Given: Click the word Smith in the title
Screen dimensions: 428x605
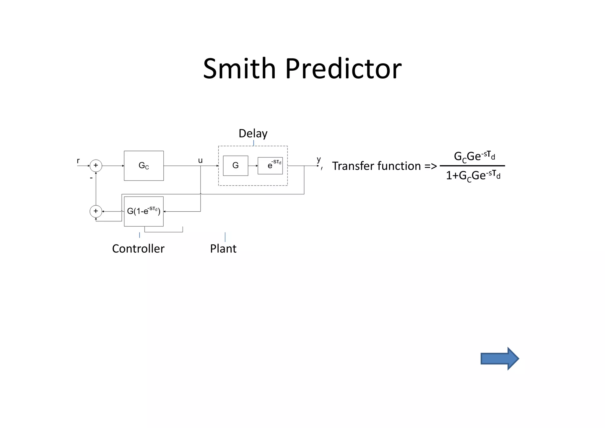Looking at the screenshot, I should (239, 69).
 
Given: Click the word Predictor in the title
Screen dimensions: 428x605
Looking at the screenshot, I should (343, 69).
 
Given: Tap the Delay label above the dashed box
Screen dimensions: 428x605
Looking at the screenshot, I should (253, 134).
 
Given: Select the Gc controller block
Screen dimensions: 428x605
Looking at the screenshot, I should (144, 166).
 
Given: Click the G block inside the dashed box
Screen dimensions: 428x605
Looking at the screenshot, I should (235, 166).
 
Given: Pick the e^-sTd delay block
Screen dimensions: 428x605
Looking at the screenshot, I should (270, 166).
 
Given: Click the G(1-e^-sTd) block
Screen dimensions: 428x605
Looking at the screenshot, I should (144, 211).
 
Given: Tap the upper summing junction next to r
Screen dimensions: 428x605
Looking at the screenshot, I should (96, 166).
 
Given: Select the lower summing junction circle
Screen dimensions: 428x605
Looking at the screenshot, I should (96, 211).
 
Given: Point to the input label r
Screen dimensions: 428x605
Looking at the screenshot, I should (78, 161).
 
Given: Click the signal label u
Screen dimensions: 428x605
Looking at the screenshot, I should (200, 160).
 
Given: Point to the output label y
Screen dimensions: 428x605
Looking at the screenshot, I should (319, 160).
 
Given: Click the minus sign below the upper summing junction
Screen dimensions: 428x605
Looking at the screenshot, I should (91, 178).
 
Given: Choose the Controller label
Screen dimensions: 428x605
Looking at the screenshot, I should (138, 249).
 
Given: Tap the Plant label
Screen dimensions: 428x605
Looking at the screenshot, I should (223, 249).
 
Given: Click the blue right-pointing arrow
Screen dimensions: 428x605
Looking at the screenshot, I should (499, 359).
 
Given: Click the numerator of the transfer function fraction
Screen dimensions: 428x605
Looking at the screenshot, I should (474, 156).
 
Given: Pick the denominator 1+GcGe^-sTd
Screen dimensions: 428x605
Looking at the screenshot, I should (473, 176).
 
